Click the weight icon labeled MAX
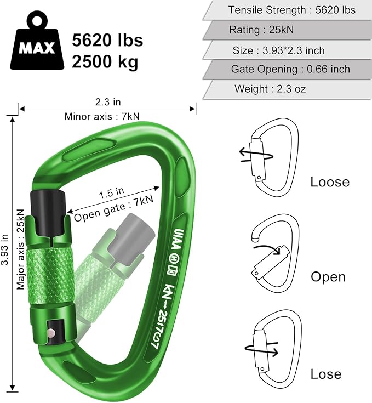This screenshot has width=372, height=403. (x=37, y=44)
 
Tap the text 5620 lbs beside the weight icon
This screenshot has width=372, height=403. (x=107, y=40)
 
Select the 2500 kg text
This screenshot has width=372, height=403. (x=105, y=61)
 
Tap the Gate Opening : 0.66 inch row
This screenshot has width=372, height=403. (x=290, y=70)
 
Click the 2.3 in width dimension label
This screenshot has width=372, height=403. (x=107, y=101)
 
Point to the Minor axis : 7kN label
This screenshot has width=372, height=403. (x=107, y=116)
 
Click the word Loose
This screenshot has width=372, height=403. (x=330, y=182)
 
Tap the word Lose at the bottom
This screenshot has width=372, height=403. (x=326, y=374)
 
